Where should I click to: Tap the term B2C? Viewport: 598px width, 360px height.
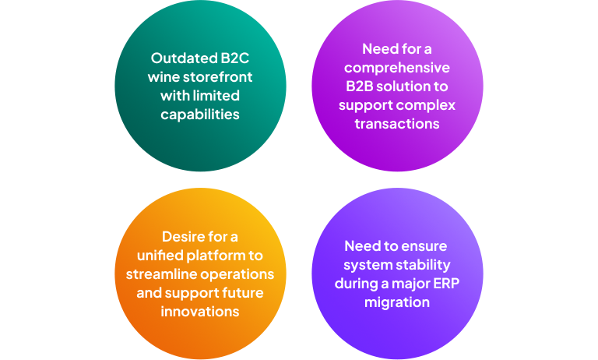pos(235,58)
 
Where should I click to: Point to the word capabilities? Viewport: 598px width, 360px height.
pos(200,115)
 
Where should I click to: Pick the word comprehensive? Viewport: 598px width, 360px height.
pos(397,68)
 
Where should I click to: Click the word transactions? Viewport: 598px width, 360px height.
pos(397,124)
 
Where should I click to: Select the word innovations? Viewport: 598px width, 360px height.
pos(200,312)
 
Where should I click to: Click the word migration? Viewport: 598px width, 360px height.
pos(397,303)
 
